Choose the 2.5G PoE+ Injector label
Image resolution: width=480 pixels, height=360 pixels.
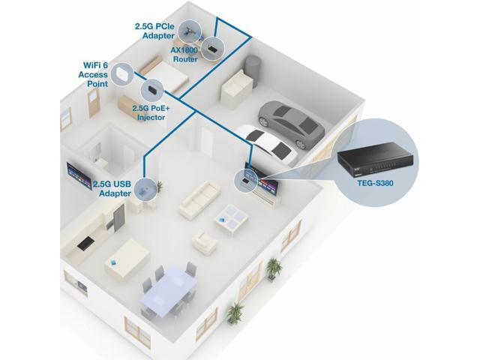pyautogui.click(x=149, y=112)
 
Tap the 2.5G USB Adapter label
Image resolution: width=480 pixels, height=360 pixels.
pyautogui.click(x=114, y=188)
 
